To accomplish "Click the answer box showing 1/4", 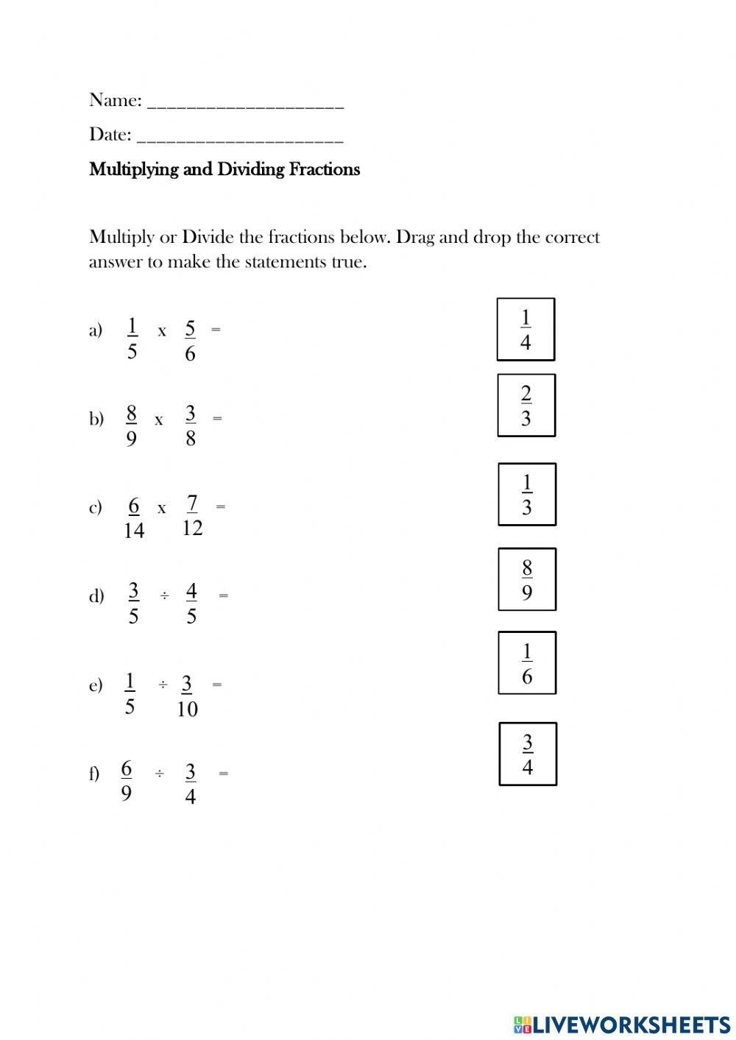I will pyautogui.click(x=526, y=330).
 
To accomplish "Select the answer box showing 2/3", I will pyautogui.click(x=526, y=406).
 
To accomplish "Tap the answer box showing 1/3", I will pyautogui.click(x=527, y=495).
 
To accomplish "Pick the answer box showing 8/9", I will pyautogui.click(x=527, y=579).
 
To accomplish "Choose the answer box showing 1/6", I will pyautogui.click(x=527, y=663).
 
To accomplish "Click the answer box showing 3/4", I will pyautogui.click(x=528, y=754).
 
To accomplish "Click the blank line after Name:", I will pyautogui.click(x=246, y=103).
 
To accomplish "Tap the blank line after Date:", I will pyautogui.click(x=240, y=137).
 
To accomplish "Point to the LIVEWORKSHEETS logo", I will pyautogui.click(x=622, y=1025).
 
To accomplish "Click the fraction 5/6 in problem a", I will pyautogui.click(x=190, y=341).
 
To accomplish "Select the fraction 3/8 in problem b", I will pyautogui.click(x=191, y=425).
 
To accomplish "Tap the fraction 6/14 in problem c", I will pyautogui.click(x=134, y=518).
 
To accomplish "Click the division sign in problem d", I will pyautogui.click(x=164, y=595).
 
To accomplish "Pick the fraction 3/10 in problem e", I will pyautogui.click(x=187, y=696).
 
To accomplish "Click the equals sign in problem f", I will pyautogui.click(x=224, y=774).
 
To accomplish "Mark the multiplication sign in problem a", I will pyautogui.click(x=162, y=332).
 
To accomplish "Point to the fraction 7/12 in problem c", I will pyautogui.click(x=192, y=515).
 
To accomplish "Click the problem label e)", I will pyautogui.click(x=96, y=685).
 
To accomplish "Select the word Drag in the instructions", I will pyautogui.click(x=415, y=238).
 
